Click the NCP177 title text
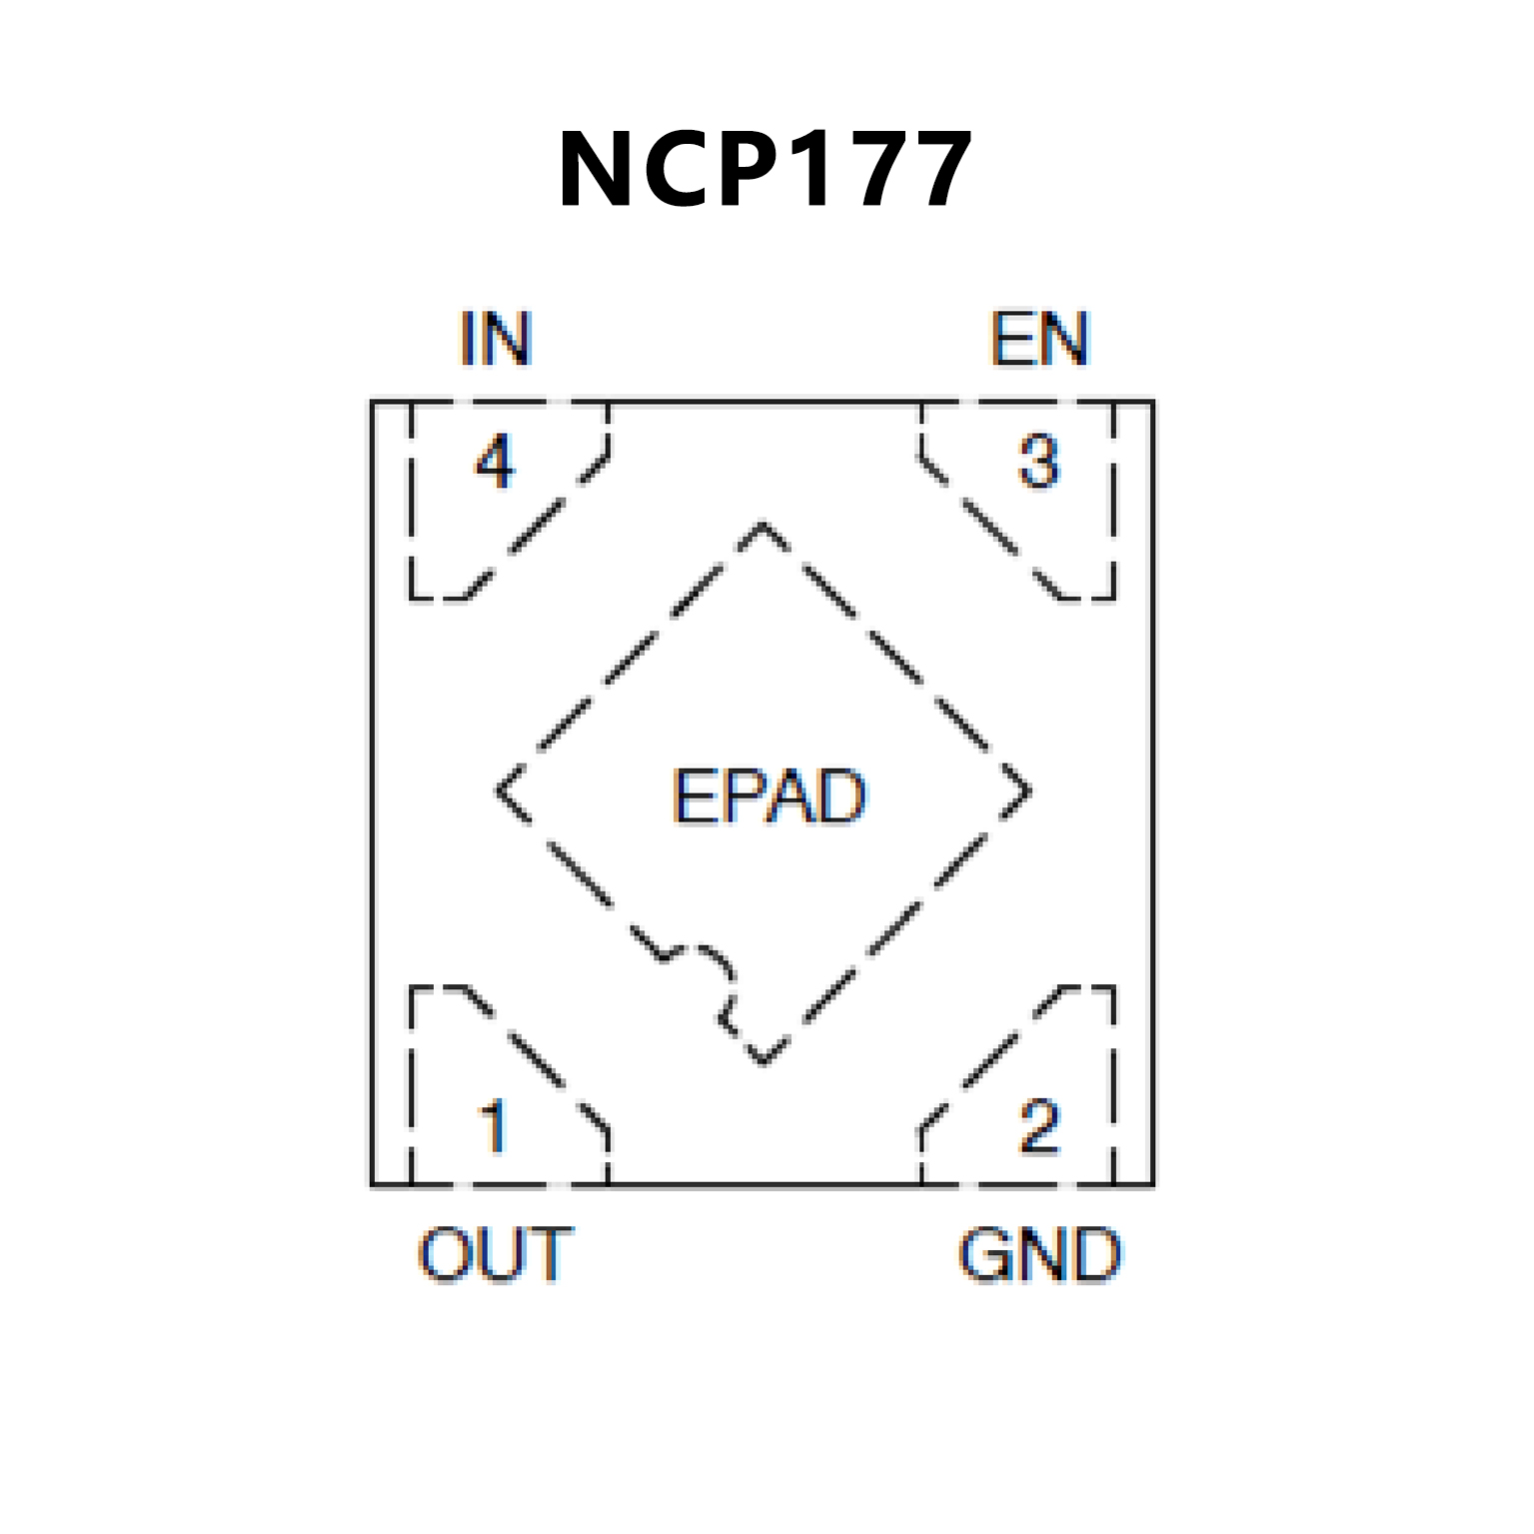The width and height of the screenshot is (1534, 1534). click(x=765, y=170)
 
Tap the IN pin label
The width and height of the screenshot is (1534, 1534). click(x=496, y=339)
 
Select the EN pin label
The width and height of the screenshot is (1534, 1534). click(x=1038, y=339)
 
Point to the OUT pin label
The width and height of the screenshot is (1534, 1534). click(x=496, y=1254)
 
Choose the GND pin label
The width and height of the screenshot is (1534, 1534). click(x=1039, y=1254)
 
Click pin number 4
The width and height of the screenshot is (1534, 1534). click(x=495, y=462)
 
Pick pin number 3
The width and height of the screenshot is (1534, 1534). click(x=1039, y=462)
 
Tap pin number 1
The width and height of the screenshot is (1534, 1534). click(x=495, y=1126)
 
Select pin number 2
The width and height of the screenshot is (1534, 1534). click(x=1039, y=1126)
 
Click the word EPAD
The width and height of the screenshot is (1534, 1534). click(x=768, y=796)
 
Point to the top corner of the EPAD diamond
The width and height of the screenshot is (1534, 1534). click(x=764, y=523)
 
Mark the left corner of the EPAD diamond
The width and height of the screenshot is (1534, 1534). click(x=498, y=791)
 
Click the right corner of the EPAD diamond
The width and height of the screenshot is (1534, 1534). click(x=1029, y=791)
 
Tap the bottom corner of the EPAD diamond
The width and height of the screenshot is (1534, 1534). click(x=764, y=1062)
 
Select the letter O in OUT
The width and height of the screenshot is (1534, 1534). click(x=446, y=1254)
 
